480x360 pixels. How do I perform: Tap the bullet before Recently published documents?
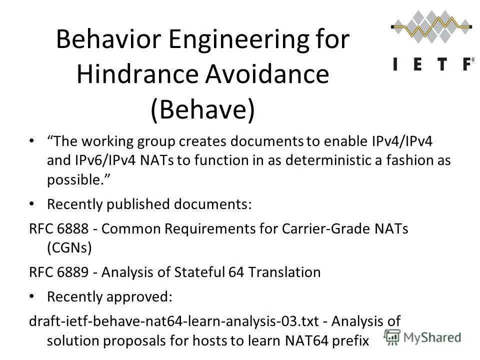coord(32,204)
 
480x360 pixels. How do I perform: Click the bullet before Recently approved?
coord(32,296)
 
